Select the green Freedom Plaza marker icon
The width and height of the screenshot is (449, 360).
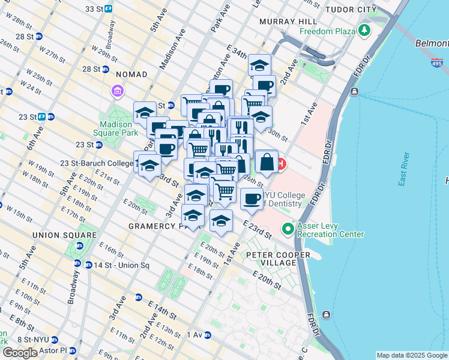(364, 30)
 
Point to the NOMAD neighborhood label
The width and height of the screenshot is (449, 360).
(133, 74)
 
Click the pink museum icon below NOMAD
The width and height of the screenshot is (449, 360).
(117, 91)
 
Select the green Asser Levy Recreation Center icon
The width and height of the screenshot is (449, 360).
(288, 229)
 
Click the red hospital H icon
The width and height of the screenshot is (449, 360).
(281, 164)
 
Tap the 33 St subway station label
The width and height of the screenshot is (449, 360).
(95, 9)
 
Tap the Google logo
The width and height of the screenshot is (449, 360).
(20, 353)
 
